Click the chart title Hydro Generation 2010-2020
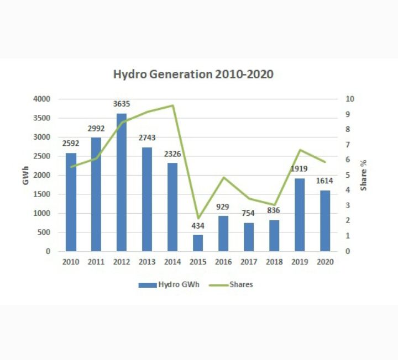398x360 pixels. [193, 75]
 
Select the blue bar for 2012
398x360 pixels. [121, 182]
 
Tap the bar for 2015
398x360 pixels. [198, 243]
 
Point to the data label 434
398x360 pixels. [198, 226]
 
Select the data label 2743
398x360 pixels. [147, 137]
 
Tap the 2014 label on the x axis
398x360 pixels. [172, 262]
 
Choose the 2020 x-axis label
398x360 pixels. [324, 262]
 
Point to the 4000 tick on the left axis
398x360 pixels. [44, 99]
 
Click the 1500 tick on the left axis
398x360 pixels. [44, 194]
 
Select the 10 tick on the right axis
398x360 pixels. [349, 99]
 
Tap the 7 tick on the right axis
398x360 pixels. [348, 145]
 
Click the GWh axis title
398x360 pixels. [25, 175]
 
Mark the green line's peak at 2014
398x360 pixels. [172, 105]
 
